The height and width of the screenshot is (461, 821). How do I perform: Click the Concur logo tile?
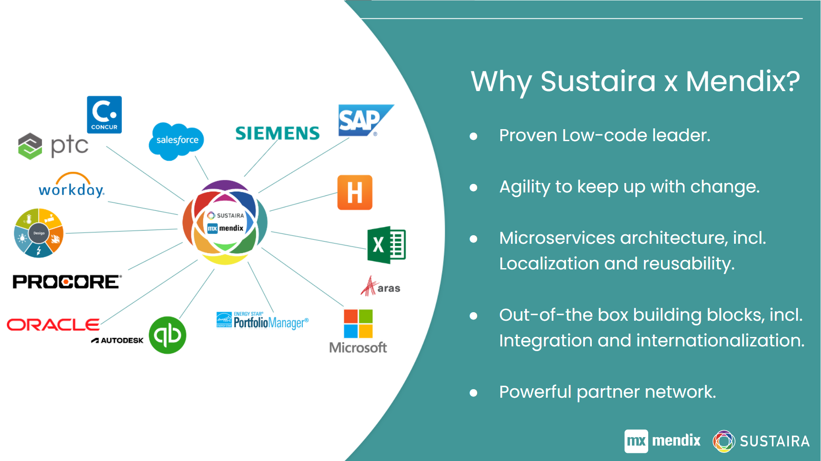click(104, 115)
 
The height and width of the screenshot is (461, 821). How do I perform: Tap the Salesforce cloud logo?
click(176, 141)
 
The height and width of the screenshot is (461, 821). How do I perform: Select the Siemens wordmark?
click(278, 133)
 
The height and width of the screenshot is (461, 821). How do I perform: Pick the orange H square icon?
click(354, 192)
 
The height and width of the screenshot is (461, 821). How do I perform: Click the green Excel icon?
click(387, 245)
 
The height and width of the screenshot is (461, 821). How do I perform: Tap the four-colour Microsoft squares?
click(358, 324)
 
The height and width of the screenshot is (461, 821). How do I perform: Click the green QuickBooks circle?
click(168, 335)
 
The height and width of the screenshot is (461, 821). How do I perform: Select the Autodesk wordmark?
click(117, 340)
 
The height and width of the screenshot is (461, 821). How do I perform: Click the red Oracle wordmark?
click(53, 325)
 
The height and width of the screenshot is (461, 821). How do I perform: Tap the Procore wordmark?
click(67, 282)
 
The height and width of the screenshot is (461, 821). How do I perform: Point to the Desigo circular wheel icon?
click(38, 233)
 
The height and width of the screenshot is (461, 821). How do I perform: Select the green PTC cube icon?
click(30, 146)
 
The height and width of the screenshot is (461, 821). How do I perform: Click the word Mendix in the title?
click(743, 81)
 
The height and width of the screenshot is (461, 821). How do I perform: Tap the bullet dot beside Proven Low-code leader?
click(473, 136)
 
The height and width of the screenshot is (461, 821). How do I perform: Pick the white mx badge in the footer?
click(636, 441)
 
